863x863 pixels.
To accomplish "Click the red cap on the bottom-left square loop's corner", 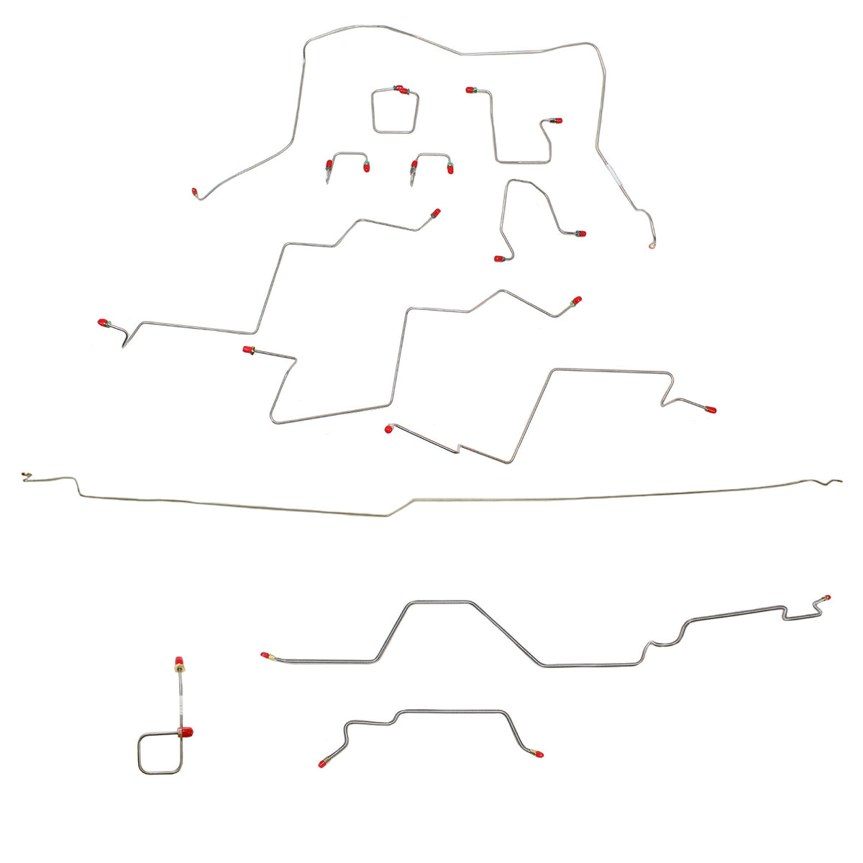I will point(188,733).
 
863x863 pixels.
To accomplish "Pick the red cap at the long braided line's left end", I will point(265,655).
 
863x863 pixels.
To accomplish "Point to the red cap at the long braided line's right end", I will point(826,598).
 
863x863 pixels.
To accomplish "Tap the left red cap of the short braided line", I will point(321,763).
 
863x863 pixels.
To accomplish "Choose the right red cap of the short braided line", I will point(539,755).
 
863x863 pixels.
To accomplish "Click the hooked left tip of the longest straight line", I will point(26,475).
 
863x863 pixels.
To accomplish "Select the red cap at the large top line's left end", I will point(195,192).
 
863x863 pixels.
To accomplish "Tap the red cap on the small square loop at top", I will point(403,90).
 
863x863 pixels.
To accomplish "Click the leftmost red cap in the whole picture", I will point(102,322).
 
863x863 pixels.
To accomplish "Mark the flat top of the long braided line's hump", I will point(440,602).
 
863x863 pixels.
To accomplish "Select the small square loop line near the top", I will point(394,111).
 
